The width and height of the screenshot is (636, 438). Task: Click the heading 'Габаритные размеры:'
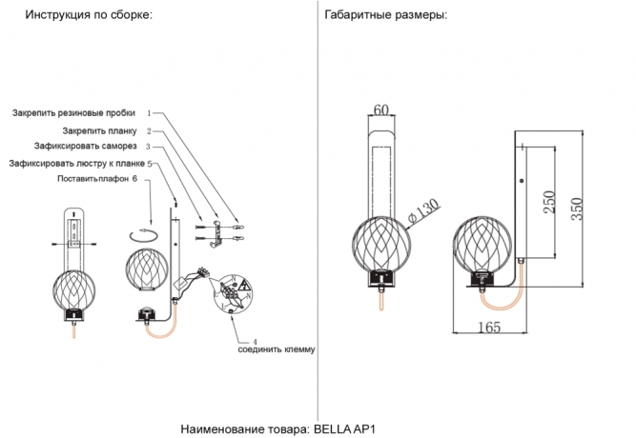[x=385, y=16]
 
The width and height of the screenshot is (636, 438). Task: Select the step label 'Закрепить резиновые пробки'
[x=73, y=113]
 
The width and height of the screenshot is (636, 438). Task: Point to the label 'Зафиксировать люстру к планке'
[x=76, y=163]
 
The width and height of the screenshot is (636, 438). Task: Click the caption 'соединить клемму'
[x=276, y=349]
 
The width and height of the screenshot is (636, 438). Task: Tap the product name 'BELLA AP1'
[x=352, y=428]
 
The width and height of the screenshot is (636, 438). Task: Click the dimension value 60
[x=382, y=111]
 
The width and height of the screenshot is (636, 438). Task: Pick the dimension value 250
[x=549, y=204]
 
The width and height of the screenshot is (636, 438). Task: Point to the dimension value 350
[x=576, y=209]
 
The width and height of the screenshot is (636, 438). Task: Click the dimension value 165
[x=489, y=328]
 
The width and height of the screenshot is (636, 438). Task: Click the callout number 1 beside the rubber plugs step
[x=149, y=113]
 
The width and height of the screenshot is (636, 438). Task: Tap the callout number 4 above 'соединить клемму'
[x=255, y=341]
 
